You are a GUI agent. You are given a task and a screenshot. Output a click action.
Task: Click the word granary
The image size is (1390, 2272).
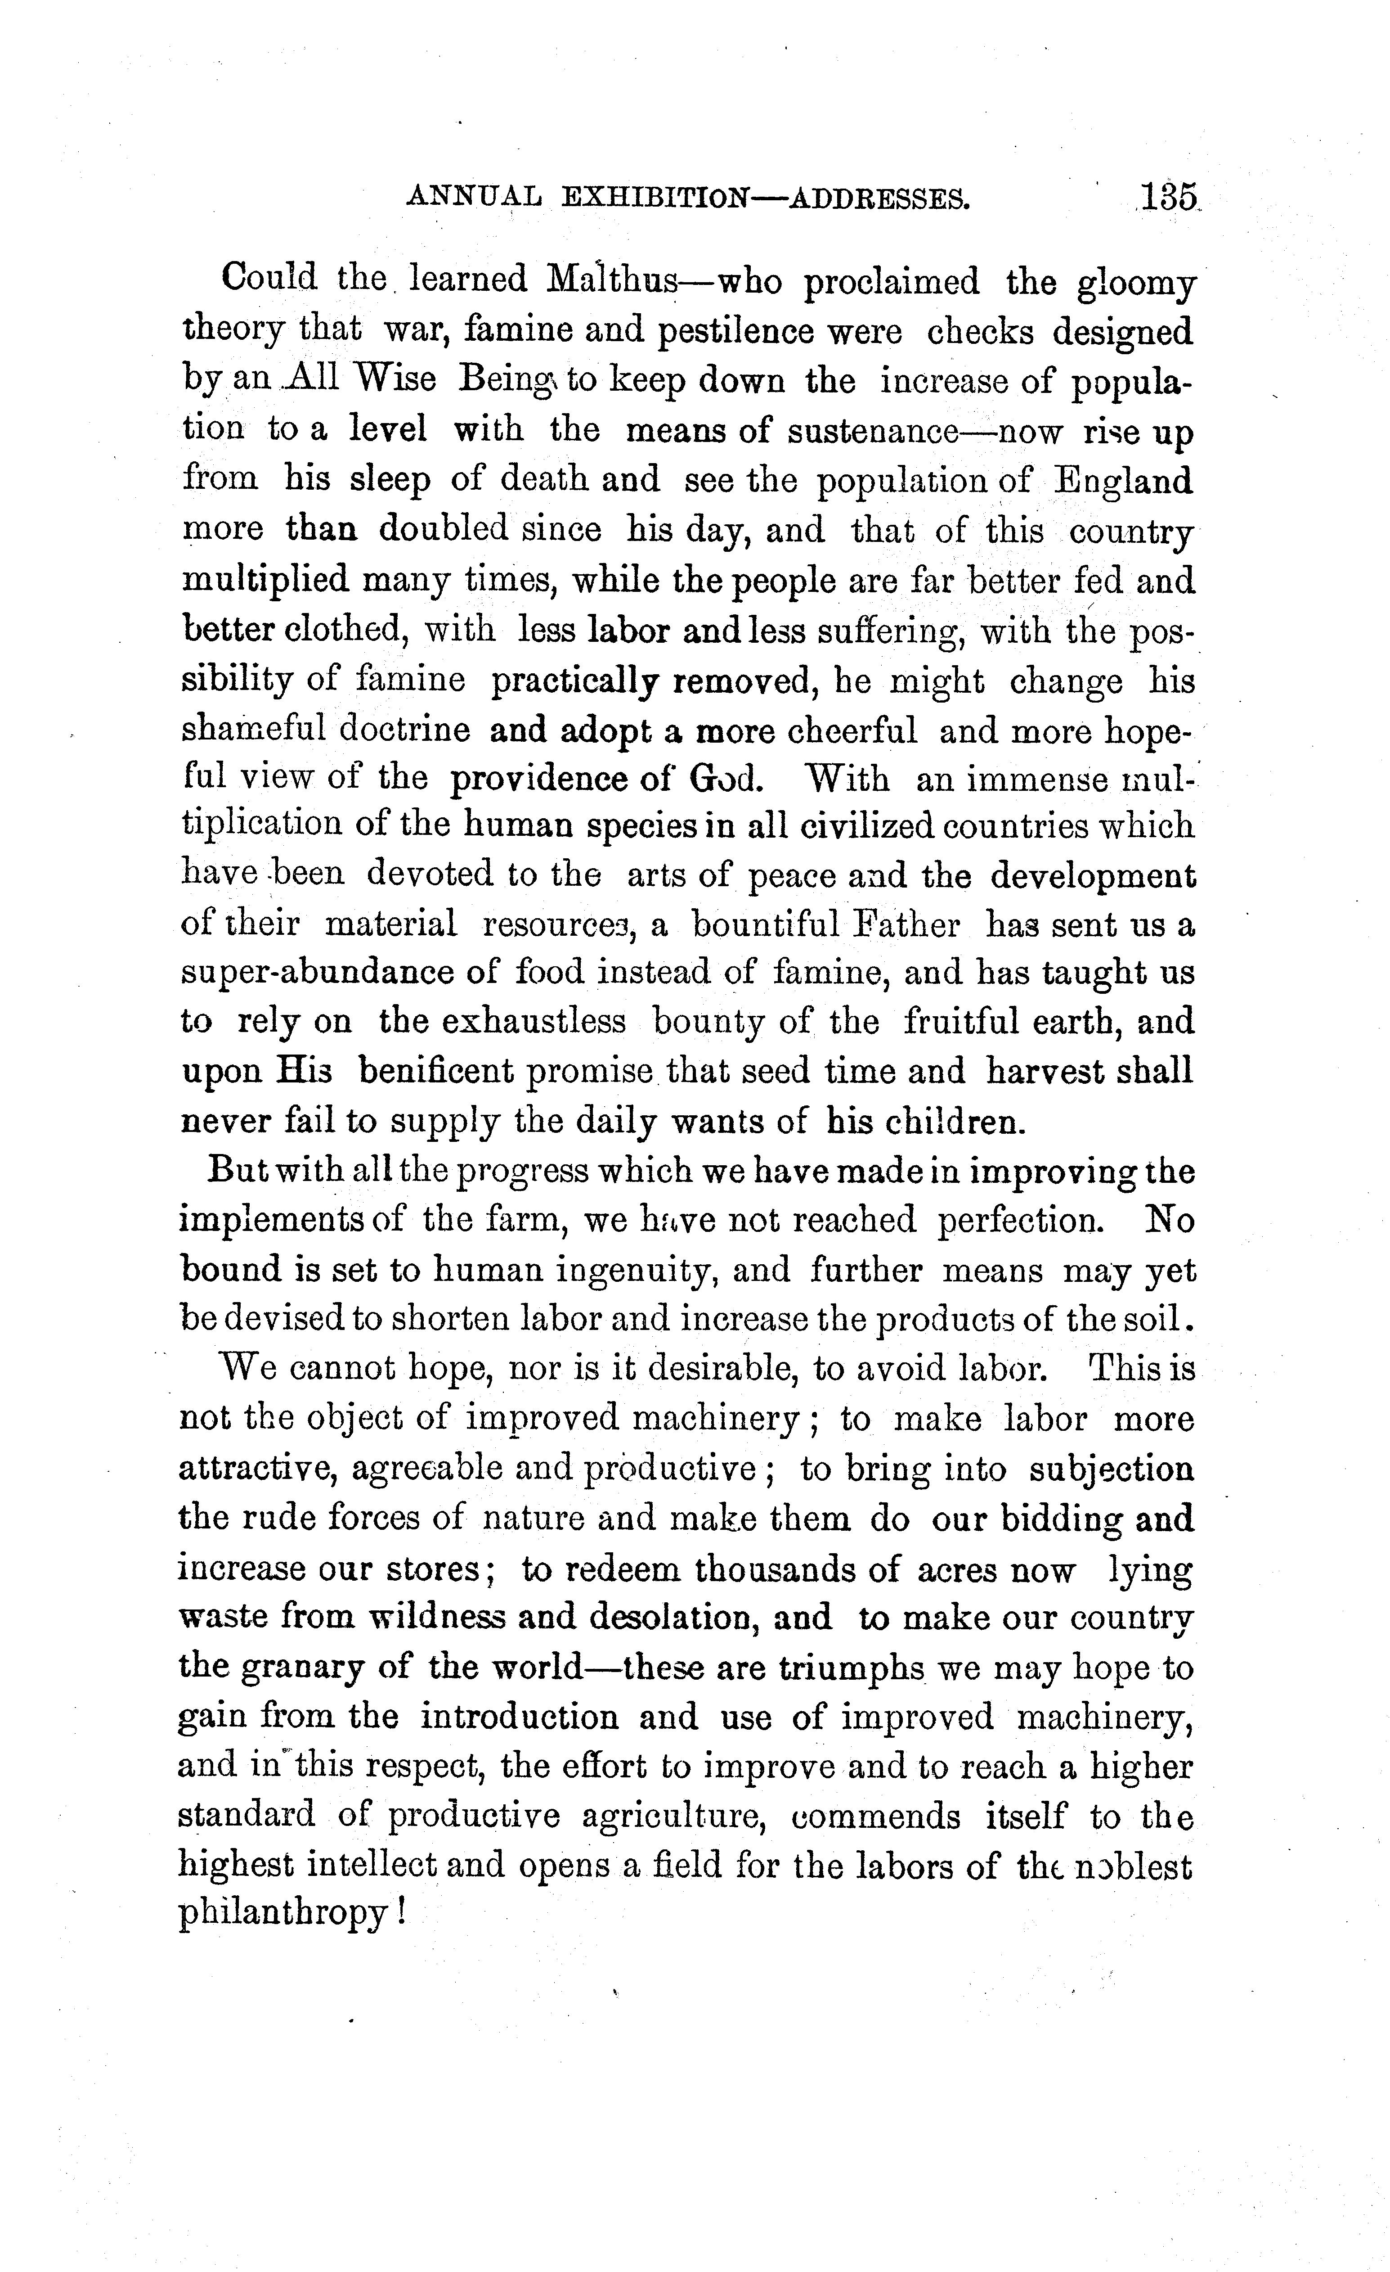pos(324,1669)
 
